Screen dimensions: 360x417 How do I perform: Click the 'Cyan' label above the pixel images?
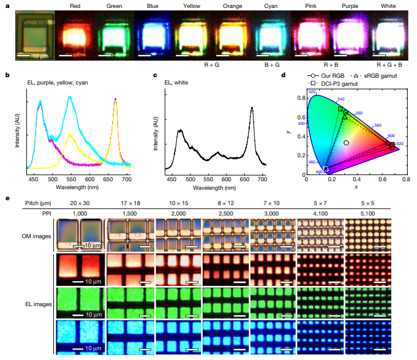click(274, 7)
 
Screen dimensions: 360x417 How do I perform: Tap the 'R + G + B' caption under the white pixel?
click(391, 62)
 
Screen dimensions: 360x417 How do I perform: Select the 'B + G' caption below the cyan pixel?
click(274, 62)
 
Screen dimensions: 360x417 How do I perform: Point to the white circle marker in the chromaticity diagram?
click(346, 143)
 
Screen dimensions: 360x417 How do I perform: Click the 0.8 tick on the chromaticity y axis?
click(300, 97)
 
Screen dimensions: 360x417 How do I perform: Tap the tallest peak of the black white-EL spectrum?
click(252, 108)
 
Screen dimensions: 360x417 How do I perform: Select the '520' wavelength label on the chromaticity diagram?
click(312, 92)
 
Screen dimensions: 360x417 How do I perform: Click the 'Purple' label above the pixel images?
click(353, 7)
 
